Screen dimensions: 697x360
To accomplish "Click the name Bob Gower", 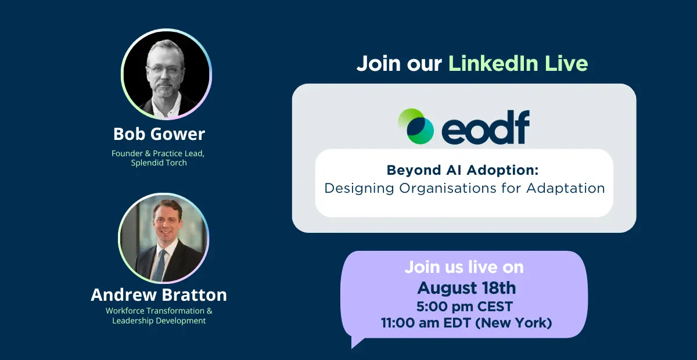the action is (x=159, y=134).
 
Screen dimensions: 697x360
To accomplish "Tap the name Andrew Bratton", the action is (x=159, y=294).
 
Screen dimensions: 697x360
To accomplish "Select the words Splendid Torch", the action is (x=159, y=163).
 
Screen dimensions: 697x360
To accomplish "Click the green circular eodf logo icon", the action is (x=416, y=126).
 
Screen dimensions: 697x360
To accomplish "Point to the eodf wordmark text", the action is (x=486, y=127).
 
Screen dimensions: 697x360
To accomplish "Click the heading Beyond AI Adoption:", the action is (x=463, y=170).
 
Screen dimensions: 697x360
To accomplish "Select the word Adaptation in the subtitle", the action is (x=565, y=188).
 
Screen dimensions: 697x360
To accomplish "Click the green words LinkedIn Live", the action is (x=518, y=63).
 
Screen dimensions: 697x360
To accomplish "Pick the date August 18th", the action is (x=466, y=288).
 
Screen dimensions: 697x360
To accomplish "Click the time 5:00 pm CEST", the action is (x=465, y=307).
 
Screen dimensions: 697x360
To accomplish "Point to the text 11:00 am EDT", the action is (x=426, y=323).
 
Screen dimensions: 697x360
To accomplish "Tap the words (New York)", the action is (x=513, y=323).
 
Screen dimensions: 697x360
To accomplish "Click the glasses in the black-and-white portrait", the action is (x=165, y=71).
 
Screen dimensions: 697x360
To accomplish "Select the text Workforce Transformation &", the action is (x=159, y=311).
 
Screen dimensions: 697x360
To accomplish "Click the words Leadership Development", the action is (x=159, y=321).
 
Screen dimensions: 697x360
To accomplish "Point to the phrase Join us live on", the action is (x=464, y=267).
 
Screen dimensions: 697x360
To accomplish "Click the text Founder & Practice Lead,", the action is (x=158, y=154).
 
